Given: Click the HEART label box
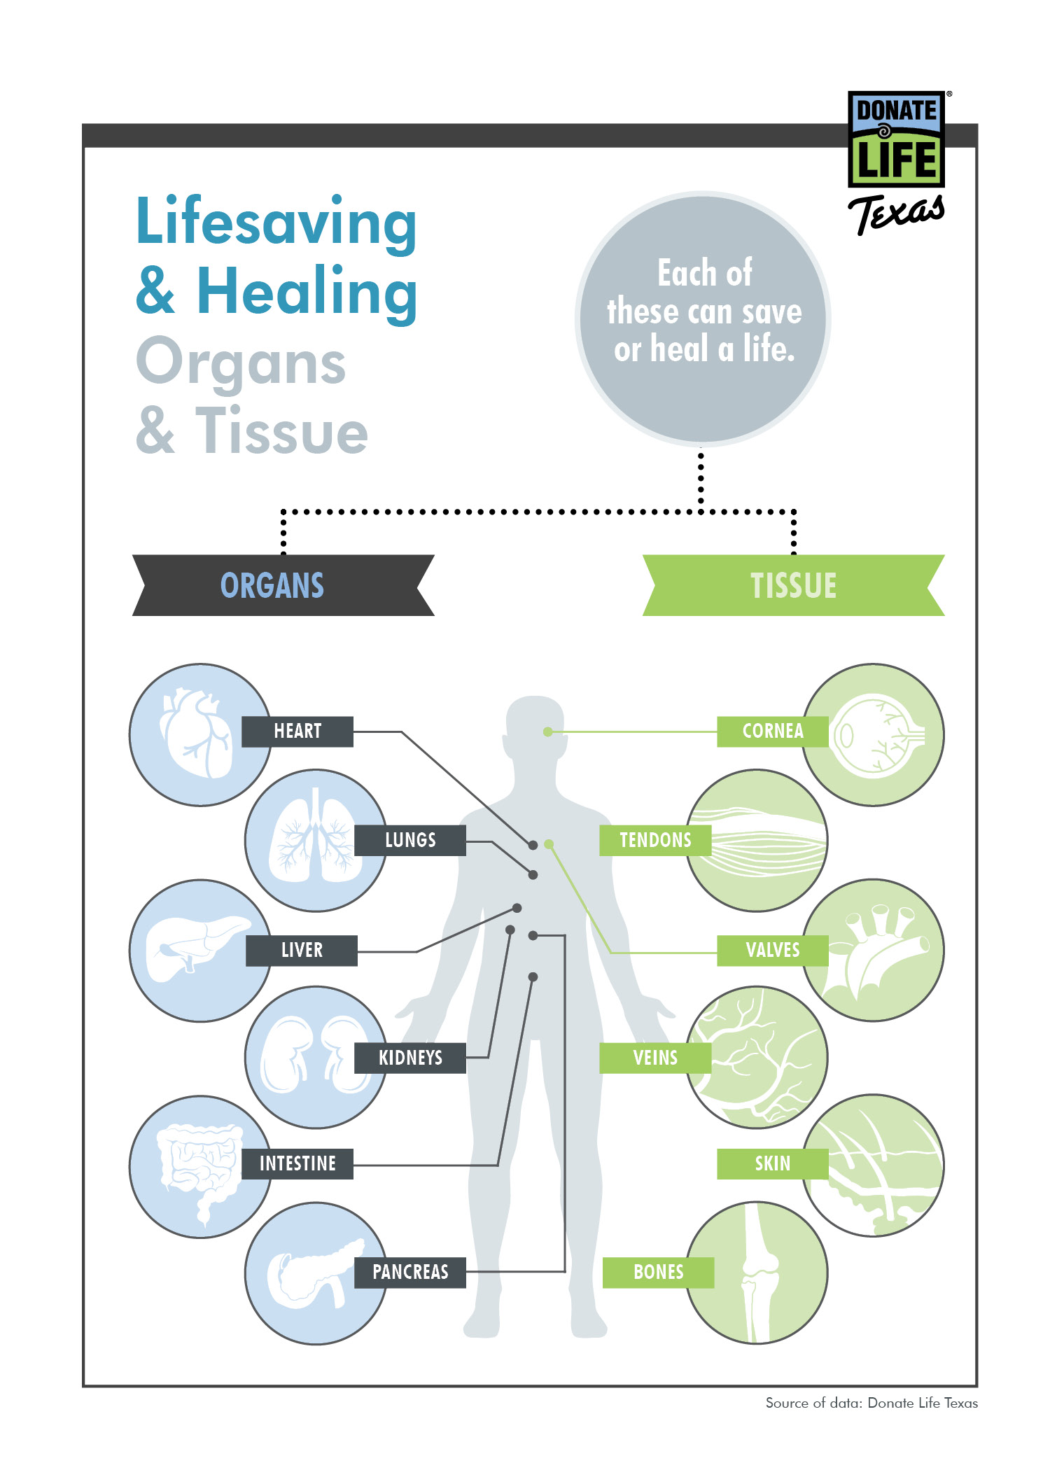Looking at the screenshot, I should tap(297, 731).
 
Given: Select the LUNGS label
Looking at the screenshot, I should tap(410, 840).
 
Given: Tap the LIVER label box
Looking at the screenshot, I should tap(302, 951).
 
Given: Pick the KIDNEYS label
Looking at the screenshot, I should tap(410, 1058).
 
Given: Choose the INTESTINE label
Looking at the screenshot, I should tap(297, 1164).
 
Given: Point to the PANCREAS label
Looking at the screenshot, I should tap(410, 1272).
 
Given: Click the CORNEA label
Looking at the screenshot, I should tap(772, 731).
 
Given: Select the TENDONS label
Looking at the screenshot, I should tap(655, 840).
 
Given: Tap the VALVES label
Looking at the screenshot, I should tap(772, 951).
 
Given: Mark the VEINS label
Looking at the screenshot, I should tap(655, 1058).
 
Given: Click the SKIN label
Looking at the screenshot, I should tap(772, 1164).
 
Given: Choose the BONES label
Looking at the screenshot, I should tap(658, 1272).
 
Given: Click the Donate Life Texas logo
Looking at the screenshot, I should tap(896, 161).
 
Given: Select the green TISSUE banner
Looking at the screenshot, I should tap(793, 585).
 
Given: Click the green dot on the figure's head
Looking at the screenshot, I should tap(548, 731).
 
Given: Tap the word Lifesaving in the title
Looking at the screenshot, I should tap(276, 223).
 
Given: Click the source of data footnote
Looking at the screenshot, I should tap(871, 1403).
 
